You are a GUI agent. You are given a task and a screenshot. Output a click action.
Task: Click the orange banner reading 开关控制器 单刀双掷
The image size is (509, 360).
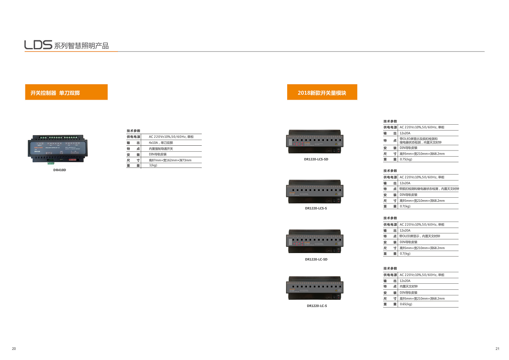coord(66,92)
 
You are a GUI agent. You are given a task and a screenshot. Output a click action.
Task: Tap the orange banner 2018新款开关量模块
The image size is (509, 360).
coord(322,92)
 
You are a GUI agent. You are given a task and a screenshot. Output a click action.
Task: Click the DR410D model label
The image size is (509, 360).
coord(59,170)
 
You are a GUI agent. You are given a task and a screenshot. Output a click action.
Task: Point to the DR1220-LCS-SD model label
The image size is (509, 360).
coord(316,159)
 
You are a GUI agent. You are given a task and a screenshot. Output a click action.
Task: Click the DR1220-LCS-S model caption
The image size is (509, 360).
coord(316,208)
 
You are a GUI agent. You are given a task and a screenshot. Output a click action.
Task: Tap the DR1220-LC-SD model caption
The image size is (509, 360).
coord(316,260)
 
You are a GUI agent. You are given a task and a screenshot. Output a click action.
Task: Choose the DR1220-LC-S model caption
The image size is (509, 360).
coord(317,306)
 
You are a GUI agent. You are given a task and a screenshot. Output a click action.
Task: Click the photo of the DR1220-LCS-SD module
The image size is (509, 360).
coord(315,142)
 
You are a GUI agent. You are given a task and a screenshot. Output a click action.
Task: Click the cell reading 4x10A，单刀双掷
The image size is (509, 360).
coord(161,143)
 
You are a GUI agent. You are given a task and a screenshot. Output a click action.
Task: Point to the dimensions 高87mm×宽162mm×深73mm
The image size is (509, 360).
coord(170,160)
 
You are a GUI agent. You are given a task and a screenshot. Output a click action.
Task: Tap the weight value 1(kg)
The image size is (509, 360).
coord(153,165)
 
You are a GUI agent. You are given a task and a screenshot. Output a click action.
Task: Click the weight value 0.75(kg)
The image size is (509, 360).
coord(406,159)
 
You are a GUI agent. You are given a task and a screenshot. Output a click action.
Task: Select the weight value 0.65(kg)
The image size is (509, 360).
coord(406,304)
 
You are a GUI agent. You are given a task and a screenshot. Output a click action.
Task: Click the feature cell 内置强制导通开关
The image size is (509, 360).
coord(161,149)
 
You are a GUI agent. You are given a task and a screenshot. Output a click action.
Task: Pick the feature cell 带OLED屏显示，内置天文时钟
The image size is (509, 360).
coord(419,237)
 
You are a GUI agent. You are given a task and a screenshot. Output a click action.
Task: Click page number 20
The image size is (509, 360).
coord(14,349)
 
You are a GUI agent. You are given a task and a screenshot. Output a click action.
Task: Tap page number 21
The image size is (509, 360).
coord(497,349)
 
